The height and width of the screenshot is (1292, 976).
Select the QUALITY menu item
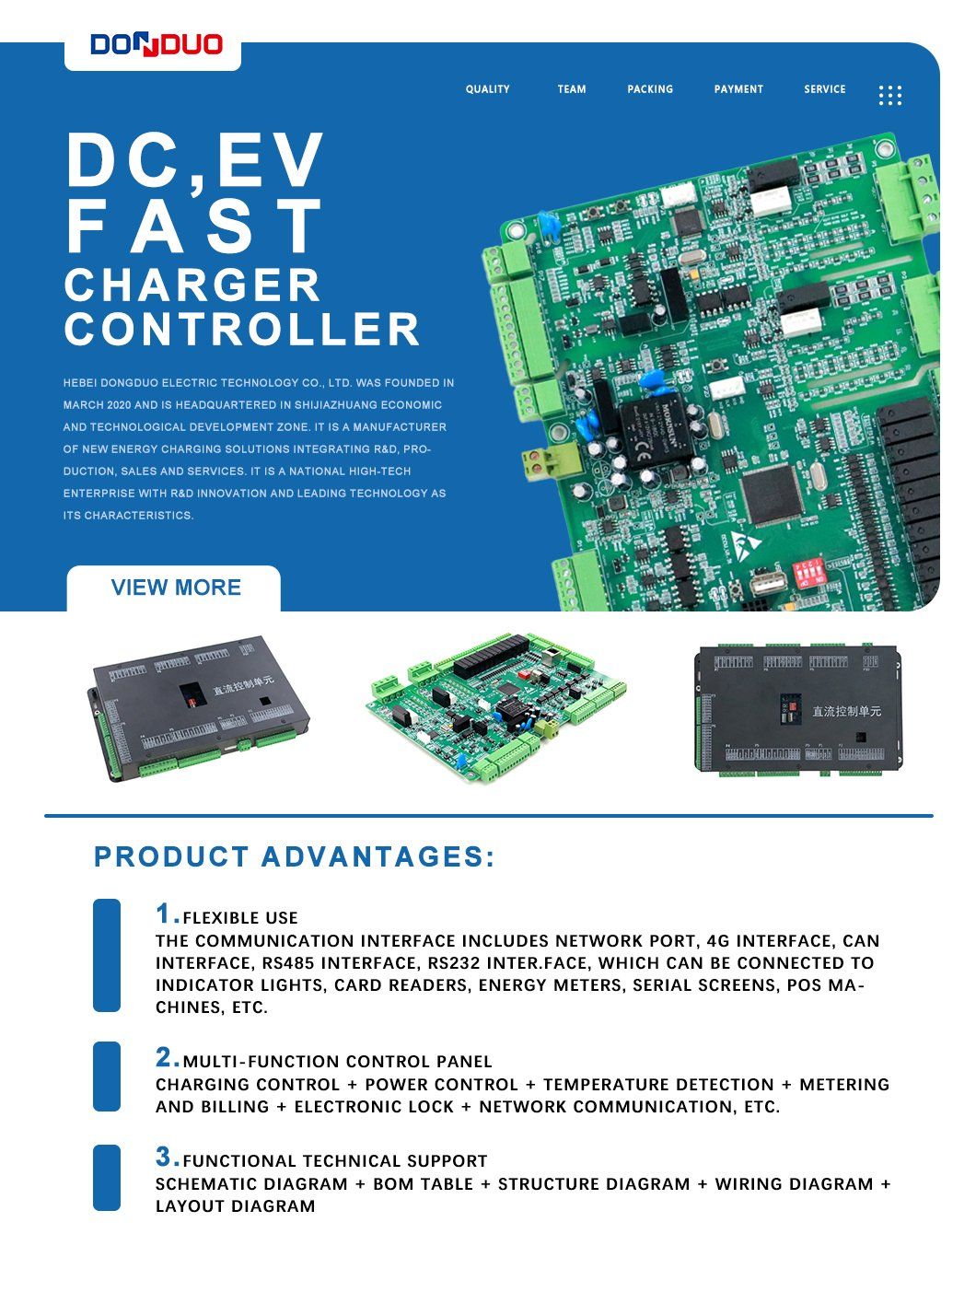click(x=487, y=89)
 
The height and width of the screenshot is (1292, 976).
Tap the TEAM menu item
click(x=571, y=89)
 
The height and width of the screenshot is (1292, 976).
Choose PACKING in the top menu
click(x=650, y=89)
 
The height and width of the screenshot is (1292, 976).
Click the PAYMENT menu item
click(x=738, y=89)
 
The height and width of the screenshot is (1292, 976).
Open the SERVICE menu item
click(x=824, y=89)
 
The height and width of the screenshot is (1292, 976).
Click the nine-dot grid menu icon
click(x=889, y=96)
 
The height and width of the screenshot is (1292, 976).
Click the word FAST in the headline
click(x=193, y=226)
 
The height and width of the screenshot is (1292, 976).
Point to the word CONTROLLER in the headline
click(x=241, y=330)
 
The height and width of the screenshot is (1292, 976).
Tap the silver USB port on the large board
click(x=768, y=582)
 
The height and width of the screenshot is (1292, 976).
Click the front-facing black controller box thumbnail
click(x=797, y=709)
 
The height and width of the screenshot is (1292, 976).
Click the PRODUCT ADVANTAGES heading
click(x=295, y=856)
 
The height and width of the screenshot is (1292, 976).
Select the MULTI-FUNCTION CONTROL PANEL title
click(x=337, y=1062)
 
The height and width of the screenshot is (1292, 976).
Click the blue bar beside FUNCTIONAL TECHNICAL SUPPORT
click(x=107, y=1177)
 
